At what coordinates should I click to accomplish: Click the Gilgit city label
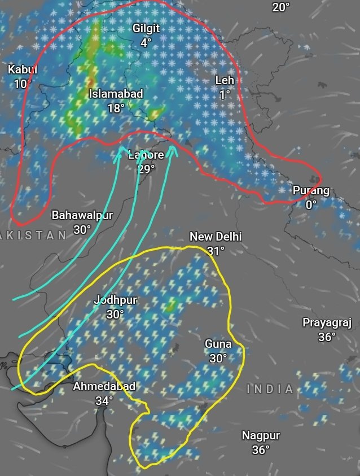146,28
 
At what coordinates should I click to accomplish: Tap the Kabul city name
22,70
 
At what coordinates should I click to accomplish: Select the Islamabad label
116,94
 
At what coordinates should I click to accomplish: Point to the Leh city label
225,81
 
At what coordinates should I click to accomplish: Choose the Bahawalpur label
82,215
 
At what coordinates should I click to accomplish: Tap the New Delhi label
216,237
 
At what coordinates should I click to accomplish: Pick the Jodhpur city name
115,300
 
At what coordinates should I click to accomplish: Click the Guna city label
218,344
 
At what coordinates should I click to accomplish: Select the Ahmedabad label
104,387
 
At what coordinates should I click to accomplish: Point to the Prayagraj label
327,323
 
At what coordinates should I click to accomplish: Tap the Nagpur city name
261,435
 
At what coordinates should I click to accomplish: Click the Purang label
311,191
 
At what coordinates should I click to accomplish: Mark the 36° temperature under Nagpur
261,450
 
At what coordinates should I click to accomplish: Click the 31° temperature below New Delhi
216,251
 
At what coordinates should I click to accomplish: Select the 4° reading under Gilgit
146,42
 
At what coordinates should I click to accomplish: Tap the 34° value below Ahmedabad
104,401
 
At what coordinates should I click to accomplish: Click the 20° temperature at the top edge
280,7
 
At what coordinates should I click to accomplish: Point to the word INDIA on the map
271,389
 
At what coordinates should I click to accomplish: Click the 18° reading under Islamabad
116,108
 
